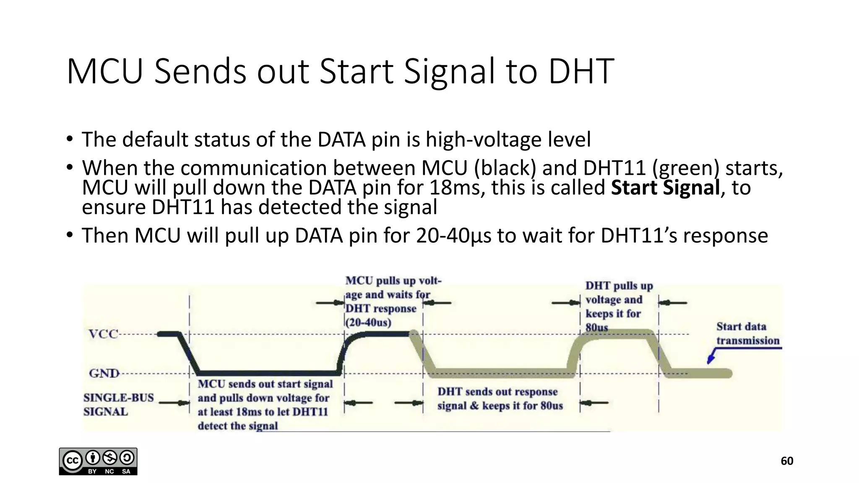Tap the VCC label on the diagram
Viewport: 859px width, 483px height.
click(103, 334)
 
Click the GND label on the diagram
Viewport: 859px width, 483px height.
click(104, 373)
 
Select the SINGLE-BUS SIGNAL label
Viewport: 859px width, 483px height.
click(118, 404)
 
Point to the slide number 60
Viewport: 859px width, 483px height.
click(787, 461)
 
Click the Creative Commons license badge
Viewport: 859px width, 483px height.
click(98, 461)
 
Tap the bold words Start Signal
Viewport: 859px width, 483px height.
click(665, 187)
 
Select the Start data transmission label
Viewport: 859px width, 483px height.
click(747, 333)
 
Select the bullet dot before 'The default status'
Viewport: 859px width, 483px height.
click(69, 139)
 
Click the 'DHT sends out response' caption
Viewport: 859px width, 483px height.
click(497, 392)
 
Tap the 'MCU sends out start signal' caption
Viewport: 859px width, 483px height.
click(265, 384)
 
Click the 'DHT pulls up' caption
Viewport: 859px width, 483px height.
click(619, 286)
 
